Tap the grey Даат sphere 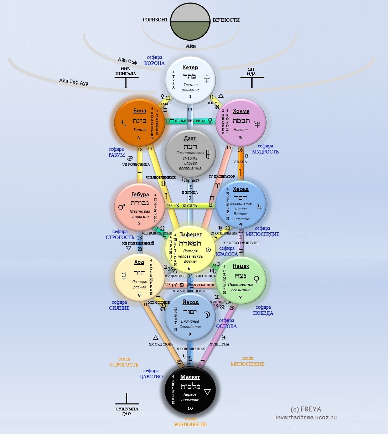(190, 154)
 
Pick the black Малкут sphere (190, 392)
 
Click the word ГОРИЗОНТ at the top (155, 20)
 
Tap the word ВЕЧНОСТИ (226, 20)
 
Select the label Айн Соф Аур (73, 82)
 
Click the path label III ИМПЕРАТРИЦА (190, 121)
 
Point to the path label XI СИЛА (190, 206)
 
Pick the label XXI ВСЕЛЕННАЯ (191, 349)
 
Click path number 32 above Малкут (190, 358)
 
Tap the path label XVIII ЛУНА (219, 344)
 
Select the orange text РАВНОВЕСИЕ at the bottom (190, 424)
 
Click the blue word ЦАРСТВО (151, 377)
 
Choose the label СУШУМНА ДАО (127, 411)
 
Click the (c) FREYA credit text (306, 409)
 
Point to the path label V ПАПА (240, 162)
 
